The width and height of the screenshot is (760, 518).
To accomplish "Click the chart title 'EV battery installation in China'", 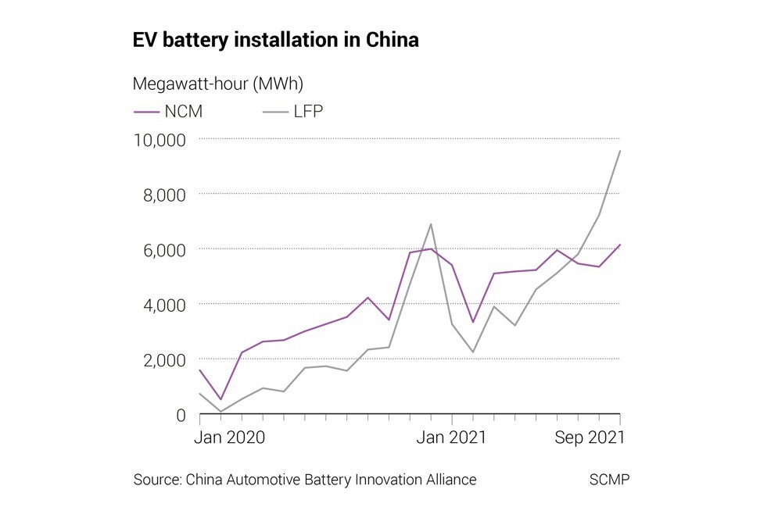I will [276, 41].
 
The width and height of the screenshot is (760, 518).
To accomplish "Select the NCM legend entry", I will [168, 111].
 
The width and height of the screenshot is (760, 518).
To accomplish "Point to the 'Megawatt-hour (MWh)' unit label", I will [218, 83].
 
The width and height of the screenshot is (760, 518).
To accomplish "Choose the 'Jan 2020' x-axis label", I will [230, 438].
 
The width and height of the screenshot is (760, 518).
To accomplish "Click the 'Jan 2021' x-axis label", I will [451, 438].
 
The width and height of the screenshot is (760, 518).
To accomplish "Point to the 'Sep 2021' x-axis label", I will [590, 438].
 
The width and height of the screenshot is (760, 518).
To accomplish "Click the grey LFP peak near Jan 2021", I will [431, 224].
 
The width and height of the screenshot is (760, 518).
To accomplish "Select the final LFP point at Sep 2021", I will [620, 151].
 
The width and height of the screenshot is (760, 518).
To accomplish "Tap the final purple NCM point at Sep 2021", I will [620, 245].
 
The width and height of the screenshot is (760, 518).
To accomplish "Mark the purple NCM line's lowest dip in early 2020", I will [220, 399].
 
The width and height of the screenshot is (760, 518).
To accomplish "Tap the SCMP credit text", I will [608, 480].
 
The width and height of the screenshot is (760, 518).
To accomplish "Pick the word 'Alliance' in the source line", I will [448, 480].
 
